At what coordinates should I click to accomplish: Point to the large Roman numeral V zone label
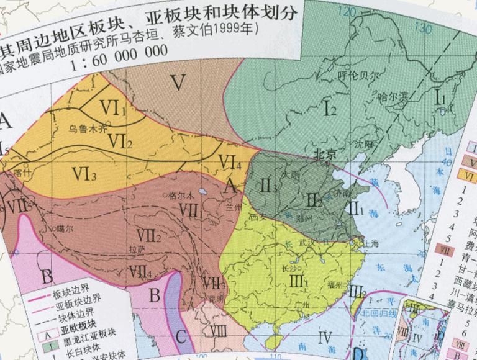(x=179, y=83)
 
